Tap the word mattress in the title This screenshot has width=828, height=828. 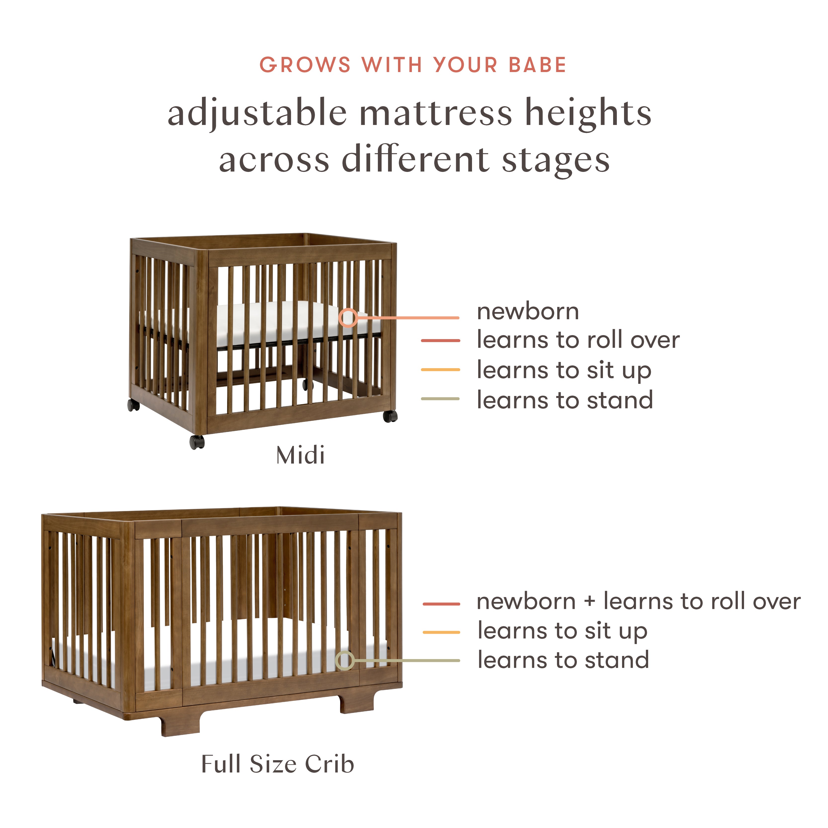pos(436,113)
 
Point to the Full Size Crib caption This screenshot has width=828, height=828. pos(278,764)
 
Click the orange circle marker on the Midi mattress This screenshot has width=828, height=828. pos(348,317)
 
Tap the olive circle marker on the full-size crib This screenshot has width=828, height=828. pos(345,660)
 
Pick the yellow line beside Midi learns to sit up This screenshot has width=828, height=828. pos(440,369)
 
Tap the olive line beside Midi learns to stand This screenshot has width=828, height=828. pos(440,398)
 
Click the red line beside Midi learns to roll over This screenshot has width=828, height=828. pos(440,340)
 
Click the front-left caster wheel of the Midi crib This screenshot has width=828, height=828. pos(197,442)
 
